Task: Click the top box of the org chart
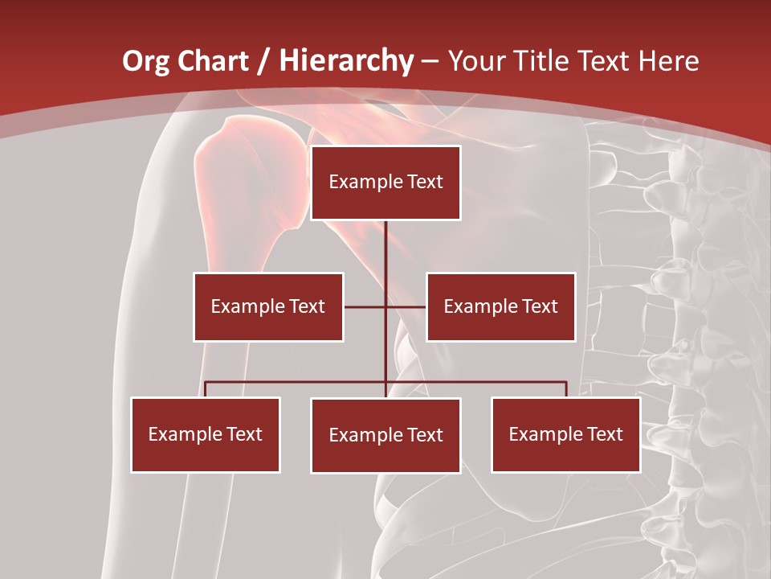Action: [x=385, y=183]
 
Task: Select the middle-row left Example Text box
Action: [x=268, y=306]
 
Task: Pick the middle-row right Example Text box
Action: [x=500, y=306]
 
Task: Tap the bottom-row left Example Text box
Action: [x=206, y=434]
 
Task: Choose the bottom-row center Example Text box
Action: [x=385, y=435]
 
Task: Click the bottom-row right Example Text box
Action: [x=565, y=434]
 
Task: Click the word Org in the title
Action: [x=145, y=61]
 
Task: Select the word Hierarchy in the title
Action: [x=345, y=61]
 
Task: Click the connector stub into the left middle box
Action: [x=364, y=306]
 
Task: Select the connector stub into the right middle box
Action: [x=406, y=306]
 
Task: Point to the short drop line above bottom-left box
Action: [x=206, y=389]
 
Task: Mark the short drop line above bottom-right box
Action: [x=566, y=389]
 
